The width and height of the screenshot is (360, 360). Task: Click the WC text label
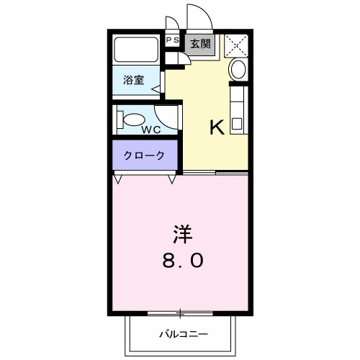[x=150, y=130]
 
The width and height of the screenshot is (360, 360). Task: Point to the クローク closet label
[x=144, y=155]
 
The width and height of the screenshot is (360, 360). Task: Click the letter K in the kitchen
[x=217, y=127]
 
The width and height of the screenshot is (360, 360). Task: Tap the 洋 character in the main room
[x=181, y=235]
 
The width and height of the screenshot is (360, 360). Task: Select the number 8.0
[x=181, y=260]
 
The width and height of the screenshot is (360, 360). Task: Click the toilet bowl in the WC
[x=132, y=118]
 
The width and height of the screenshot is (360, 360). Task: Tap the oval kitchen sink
[x=238, y=71]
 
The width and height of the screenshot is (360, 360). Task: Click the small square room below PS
[x=173, y=58]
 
